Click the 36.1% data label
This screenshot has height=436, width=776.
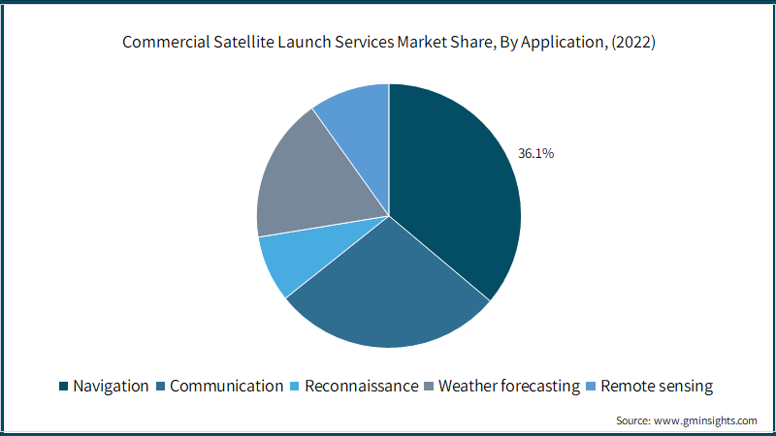coord(536,153)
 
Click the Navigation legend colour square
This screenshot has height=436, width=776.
coord(63,386)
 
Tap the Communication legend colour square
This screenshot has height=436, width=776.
coord(160,386)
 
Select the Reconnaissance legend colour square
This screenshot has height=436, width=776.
coord(295,386)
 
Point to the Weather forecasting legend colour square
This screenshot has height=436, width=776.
coord(429,386)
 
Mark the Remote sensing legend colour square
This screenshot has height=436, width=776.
coord(591,386)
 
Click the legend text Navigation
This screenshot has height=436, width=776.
coord(111,386)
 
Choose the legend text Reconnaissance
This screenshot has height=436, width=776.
coord(361,386)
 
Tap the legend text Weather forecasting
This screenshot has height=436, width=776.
coord(509,386)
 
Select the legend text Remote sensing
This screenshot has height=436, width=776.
coord(657,386)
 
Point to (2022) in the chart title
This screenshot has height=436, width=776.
coord(633,42)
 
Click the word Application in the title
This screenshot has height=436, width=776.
coord(564,43)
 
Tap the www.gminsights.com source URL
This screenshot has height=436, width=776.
coord(705,420)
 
